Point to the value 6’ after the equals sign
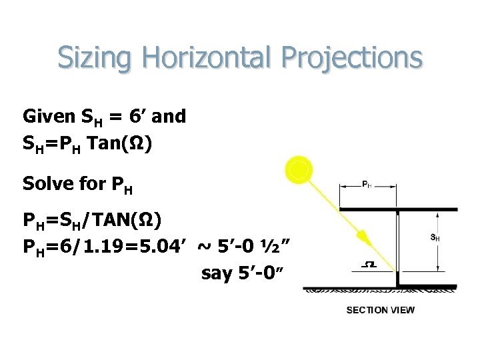pos(137,117)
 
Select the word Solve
pos(43,183)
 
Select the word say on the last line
pos(216,273)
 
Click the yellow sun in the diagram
pos(299,170)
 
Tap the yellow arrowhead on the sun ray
pos(363,237)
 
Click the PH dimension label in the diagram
pos(367,184)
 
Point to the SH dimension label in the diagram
pos(434,237)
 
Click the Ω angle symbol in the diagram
pos(368,265)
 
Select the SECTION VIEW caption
pos(380,310)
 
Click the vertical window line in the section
pos(397,278)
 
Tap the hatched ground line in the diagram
pos(380,291)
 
